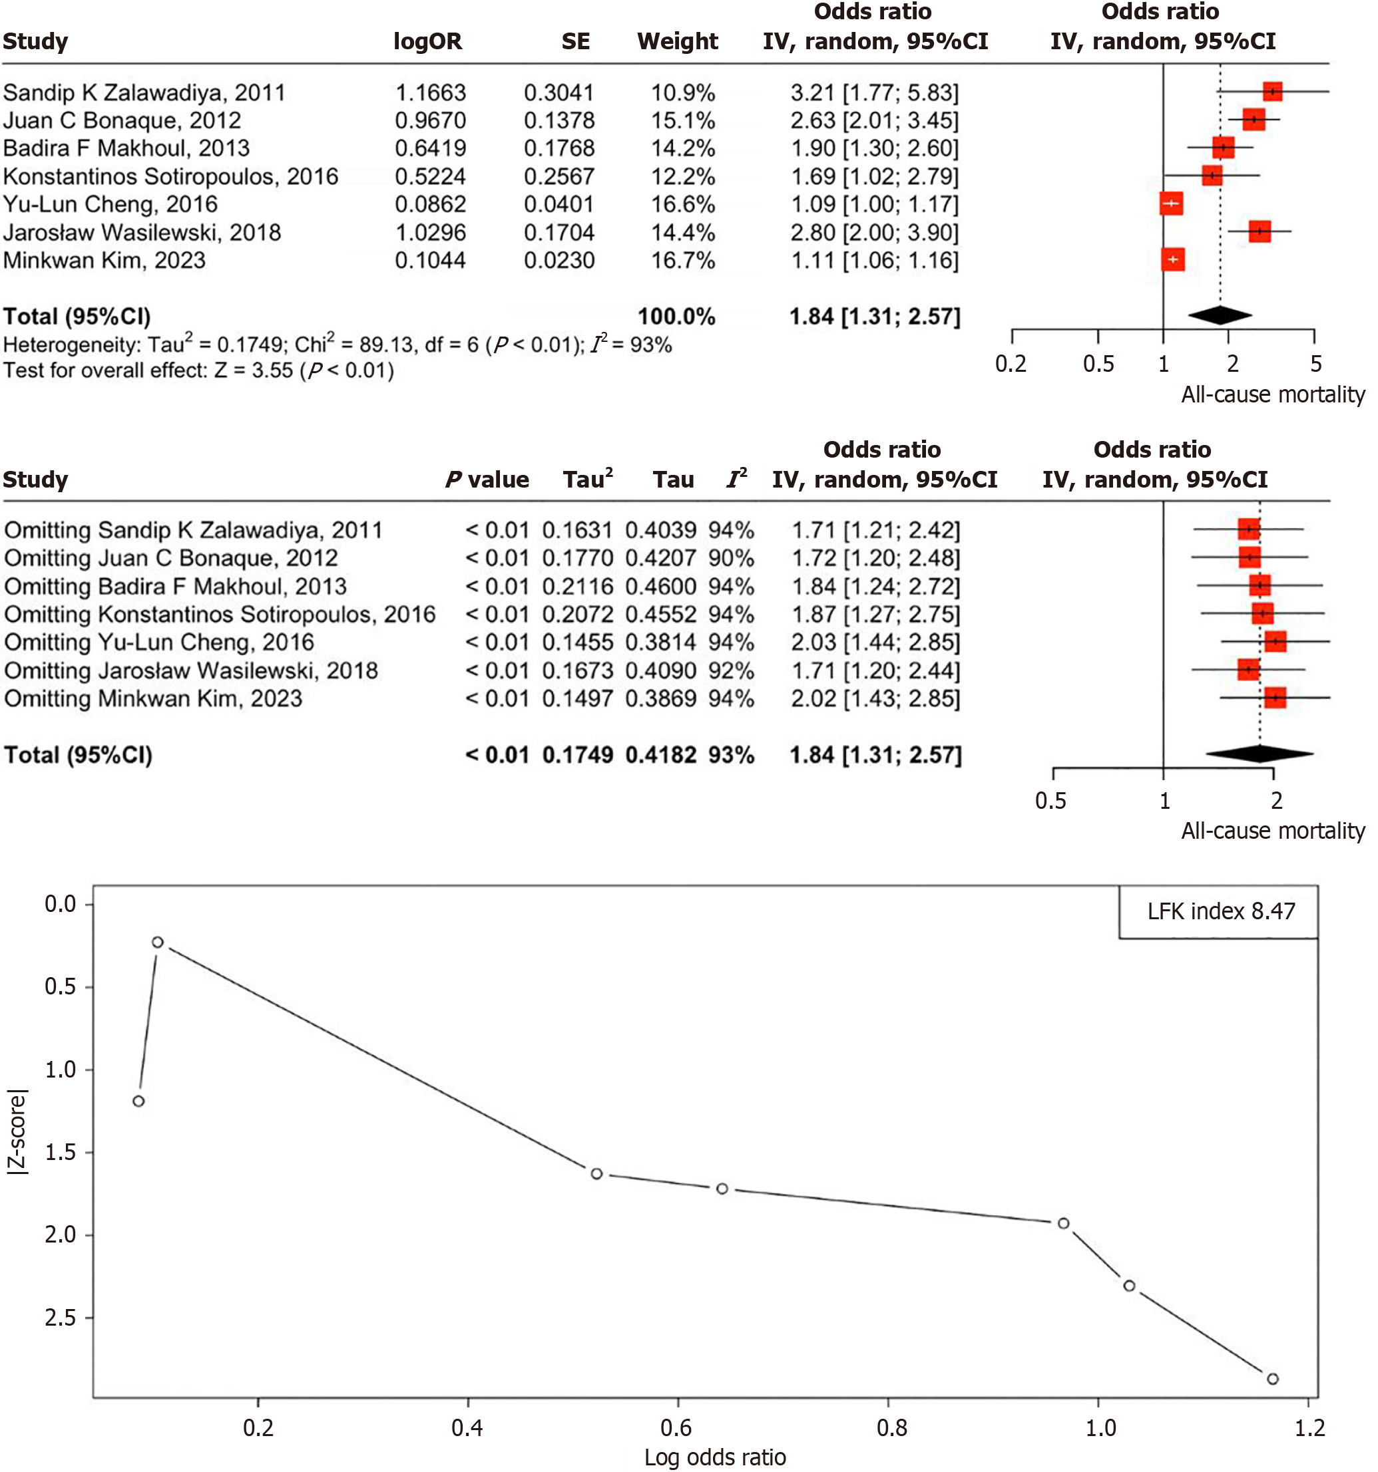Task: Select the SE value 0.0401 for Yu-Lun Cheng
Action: [x=559, y=204]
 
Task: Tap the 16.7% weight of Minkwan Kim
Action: [x=682, y=261]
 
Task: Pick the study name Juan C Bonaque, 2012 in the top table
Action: [x=122, y=120]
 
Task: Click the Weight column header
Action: [x=677, y=41]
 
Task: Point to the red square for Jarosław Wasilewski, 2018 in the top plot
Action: [x=1259, y=231]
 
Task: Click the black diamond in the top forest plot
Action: [x=1220, y=315]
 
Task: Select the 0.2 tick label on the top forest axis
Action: [x=1011, y=365]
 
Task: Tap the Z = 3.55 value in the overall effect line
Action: [x=254, y=370]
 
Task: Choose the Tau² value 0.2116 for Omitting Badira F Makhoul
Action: [x=577, y=587]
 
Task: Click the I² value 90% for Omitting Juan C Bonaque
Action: [x=730, y=558]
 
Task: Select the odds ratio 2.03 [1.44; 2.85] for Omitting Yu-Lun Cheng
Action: [x=875, y=642]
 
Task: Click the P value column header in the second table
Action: [x=487, y=480]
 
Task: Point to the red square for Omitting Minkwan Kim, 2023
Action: [x=1274, y=698]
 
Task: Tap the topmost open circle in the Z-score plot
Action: [x=158, y=942]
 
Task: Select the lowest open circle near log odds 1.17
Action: [x=1272, y=1379]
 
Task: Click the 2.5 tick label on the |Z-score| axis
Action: [x=61, y=1317]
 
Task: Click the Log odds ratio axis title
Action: [x=714, y=1457]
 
